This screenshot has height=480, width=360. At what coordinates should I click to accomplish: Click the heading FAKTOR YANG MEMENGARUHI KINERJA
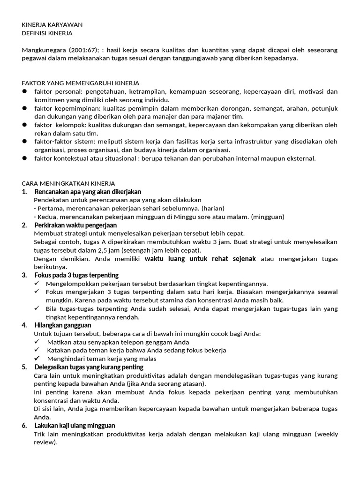(81, 83)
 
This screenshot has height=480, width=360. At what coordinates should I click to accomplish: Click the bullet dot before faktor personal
(24, 91)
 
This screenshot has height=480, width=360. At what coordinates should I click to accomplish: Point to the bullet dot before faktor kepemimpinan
(24, 108)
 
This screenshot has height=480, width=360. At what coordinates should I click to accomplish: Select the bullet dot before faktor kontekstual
(24, 158)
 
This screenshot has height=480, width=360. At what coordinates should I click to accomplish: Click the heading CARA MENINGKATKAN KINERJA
(68, 183)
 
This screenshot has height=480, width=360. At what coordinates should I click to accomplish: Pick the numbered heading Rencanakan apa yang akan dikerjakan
(88, 192)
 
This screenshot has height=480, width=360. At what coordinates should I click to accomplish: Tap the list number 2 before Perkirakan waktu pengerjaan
(24, 225)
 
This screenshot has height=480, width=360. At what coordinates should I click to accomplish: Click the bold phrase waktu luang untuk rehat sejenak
(200, 259)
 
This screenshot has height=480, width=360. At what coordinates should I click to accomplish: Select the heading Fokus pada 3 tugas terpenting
(76, 275)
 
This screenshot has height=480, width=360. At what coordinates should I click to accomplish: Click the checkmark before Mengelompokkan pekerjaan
(37, 284)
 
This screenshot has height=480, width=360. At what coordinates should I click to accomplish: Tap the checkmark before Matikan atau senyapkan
(37, 342)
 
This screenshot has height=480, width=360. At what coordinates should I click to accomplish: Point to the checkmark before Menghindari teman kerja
(37, 359)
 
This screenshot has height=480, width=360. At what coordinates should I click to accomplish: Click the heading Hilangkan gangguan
(63, 325)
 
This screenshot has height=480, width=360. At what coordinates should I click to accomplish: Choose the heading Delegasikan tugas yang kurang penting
(89, 367)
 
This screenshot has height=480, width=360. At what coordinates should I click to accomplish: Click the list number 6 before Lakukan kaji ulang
(24, 426)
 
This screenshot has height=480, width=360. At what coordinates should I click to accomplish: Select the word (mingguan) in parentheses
(268, 217)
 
